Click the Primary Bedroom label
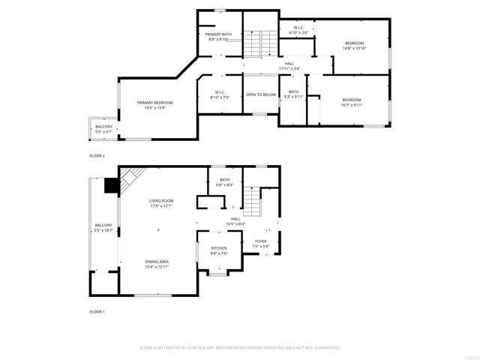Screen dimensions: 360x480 pyautogui.click(x=154, y=103)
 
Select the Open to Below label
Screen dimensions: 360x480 pyautogui.click(x=261, y=94)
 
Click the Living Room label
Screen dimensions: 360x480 pyautogui.click(x=161, y=200)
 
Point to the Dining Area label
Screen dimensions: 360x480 pyautogui.click(x=157, y=262)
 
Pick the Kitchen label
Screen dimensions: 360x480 pyautogui.click(x=219, y=248)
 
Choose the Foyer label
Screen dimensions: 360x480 pyautogui.click(x=260, y=241)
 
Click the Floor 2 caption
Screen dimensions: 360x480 pyautogui.click(x=97, y=155)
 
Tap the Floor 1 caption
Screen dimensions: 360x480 pyautogui.click(x=97, y=311)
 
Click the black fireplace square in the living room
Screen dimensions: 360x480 pyautogui.click(x=111, y=185)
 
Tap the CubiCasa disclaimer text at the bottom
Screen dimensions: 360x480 pyautogui.click(x=240, y=348)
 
